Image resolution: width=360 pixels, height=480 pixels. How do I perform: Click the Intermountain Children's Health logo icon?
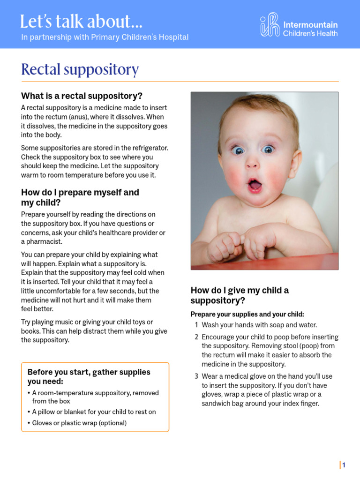click(x=270, y=25)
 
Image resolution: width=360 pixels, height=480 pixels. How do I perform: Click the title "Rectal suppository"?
click(x=80, y=69)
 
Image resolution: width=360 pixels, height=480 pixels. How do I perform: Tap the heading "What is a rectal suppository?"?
click(x=82, y=96)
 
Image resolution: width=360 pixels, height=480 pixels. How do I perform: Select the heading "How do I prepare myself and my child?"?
click(x=80, y=197)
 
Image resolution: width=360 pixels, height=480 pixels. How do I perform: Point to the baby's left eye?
click(x=268, y=150)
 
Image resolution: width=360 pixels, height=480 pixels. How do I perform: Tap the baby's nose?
click(x=252, y=163)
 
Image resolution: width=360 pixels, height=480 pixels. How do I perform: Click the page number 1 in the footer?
click(x=344, y=465)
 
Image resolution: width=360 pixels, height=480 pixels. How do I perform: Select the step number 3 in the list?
click(x=197, y=376)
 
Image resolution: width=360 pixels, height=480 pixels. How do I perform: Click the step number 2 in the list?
click(x=197, y=337)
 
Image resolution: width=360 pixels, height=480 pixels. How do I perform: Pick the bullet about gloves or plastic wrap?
click(x=79, y=423)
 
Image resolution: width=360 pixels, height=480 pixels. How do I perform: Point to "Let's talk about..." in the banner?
click(x=82, y=22)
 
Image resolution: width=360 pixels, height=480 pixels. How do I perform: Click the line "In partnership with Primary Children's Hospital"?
click(x=105, y=37)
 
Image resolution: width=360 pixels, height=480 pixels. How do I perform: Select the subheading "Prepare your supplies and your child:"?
click(x=247, y=314)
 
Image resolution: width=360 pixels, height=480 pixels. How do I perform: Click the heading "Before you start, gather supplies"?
click(x=89, y=372)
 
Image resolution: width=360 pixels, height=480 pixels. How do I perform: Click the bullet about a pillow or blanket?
click(x=94, y=412)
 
